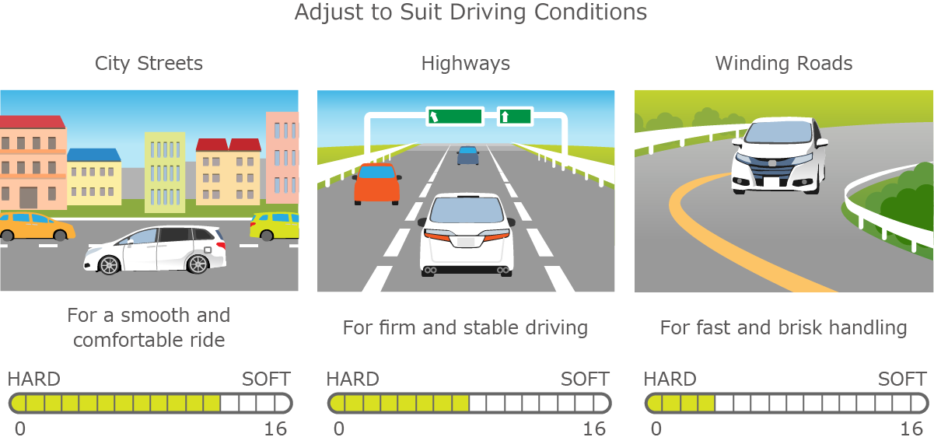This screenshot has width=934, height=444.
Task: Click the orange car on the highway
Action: (377, 184)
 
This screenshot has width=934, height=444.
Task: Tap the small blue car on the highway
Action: (468, 156)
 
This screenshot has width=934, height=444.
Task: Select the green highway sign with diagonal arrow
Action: (454, 117)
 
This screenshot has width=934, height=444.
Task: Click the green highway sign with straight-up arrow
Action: (516, 117)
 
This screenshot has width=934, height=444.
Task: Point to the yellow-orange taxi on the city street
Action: (37, 227)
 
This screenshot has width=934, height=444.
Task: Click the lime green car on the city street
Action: (275, 226)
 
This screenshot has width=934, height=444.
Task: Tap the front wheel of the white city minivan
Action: (110, 264)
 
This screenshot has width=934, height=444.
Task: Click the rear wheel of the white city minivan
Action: (198, 264)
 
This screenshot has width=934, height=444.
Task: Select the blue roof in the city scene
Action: (94, 155)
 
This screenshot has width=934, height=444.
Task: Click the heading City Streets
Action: (149, 64)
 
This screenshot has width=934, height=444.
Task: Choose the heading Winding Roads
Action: (784, 64)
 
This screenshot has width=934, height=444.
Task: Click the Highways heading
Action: (466, 64)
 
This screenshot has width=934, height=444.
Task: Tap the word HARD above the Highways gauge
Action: (353, 379)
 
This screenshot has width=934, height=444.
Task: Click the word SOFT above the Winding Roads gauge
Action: (902, 379)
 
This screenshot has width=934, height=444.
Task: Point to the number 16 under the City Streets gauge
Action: (275, 429)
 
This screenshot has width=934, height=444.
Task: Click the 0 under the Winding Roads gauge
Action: (656, 429)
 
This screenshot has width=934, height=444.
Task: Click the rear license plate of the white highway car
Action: (466, 242)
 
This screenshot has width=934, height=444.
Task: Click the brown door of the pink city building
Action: (28, 198)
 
